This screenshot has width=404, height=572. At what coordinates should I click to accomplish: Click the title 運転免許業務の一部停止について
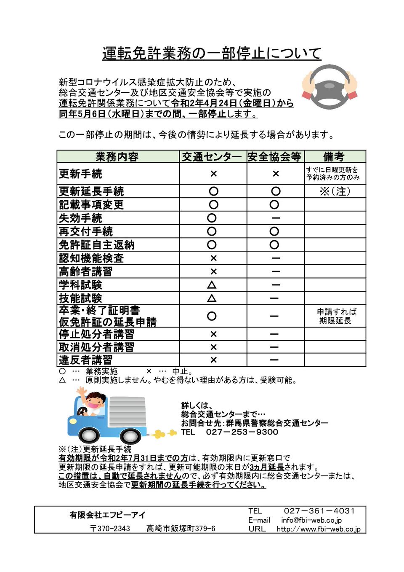pos(212,54)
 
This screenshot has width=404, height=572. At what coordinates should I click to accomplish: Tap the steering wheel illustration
pos(330,87)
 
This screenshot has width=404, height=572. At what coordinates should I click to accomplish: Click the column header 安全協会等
pos(274,157)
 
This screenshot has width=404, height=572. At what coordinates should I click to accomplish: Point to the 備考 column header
pos(334,157)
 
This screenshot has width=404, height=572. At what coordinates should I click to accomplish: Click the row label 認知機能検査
pos(91,258)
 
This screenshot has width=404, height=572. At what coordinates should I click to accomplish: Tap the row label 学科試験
pos(81,285)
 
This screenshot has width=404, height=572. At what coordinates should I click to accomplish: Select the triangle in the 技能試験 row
pos(212,298)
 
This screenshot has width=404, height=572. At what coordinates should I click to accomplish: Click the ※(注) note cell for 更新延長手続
pos(335,191)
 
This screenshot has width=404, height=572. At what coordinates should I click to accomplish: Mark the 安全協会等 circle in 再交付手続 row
pos(274,231)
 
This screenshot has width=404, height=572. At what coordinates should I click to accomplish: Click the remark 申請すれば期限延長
pos(335,316)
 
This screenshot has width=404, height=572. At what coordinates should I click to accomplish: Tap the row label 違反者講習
pos(86,360)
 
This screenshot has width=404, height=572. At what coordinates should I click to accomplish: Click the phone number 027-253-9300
pos(242,432)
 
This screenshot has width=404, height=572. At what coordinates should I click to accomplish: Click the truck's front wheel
pos(89,435)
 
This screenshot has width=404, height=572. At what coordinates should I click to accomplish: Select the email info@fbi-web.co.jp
pos(311,520)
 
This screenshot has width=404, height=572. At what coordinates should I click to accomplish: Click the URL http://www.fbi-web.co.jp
pos(319,529)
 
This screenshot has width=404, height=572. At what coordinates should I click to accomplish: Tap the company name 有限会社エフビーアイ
pos(108,515)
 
